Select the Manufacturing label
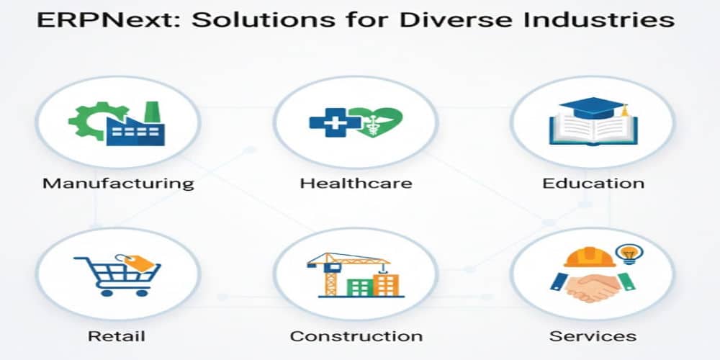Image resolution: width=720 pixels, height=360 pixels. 118,182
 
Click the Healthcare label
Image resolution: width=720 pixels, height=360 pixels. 356,182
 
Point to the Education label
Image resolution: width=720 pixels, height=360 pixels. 593,182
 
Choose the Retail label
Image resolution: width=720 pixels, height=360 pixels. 116,336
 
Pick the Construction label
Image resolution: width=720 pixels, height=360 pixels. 356,336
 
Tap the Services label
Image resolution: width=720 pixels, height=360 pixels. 593,336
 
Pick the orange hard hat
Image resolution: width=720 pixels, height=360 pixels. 590,257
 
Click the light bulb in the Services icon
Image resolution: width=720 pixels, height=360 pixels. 631,253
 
